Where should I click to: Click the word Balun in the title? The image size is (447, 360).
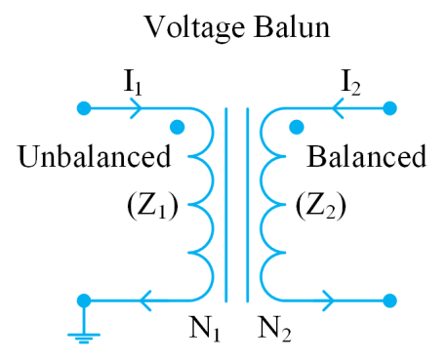click(292, 26)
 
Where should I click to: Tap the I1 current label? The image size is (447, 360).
click(133, 84)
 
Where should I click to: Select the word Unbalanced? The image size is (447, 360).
click(94, 156)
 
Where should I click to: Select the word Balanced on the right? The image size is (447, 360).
click(366, 156)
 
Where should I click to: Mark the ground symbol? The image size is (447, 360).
click(83, 338)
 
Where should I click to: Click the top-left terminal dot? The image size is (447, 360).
click(83, 107)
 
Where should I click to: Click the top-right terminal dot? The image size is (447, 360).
click(390, 107)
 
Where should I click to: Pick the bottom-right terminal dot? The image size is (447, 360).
click(390, 300)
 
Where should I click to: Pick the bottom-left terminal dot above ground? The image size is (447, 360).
click(83, 300)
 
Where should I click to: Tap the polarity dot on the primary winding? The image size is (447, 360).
click(177, 127)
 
